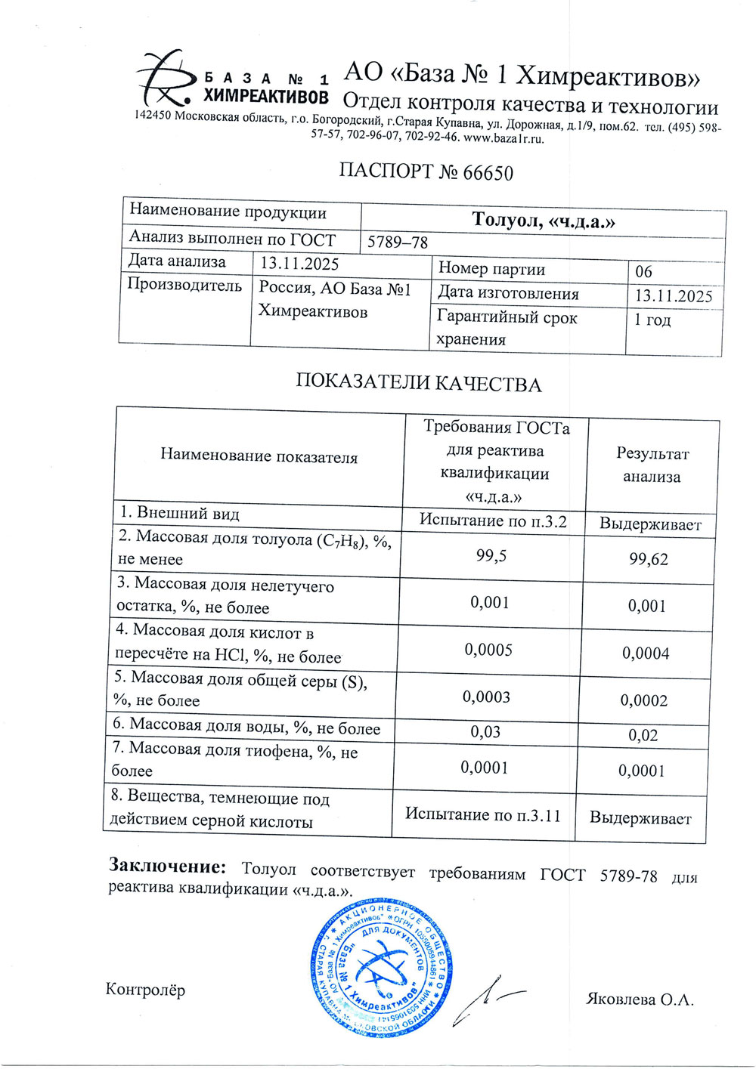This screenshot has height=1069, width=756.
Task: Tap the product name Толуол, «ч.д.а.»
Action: (543, 221)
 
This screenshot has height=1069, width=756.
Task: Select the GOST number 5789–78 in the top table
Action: (398, 243)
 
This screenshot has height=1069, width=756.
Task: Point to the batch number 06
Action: (643, 271)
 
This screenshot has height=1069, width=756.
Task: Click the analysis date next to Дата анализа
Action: (299, 264)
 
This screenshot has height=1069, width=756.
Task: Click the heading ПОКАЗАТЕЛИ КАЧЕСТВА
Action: (418, 383)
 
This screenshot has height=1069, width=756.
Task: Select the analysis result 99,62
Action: (649, 559)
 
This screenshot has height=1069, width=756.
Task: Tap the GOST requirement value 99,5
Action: (491, 556)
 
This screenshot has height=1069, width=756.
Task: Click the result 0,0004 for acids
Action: (646, 653)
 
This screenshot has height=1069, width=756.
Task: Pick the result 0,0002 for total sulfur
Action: (644, 700)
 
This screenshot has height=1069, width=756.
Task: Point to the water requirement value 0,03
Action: (485, 732)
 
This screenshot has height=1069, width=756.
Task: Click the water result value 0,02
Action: (643, 735)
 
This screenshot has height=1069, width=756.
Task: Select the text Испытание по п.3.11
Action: (483, 814)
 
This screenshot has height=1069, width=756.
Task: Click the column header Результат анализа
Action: (652, 465)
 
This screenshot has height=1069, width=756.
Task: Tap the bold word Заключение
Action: (167, 866)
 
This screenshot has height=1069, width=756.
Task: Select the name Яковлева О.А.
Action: (640, 999)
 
